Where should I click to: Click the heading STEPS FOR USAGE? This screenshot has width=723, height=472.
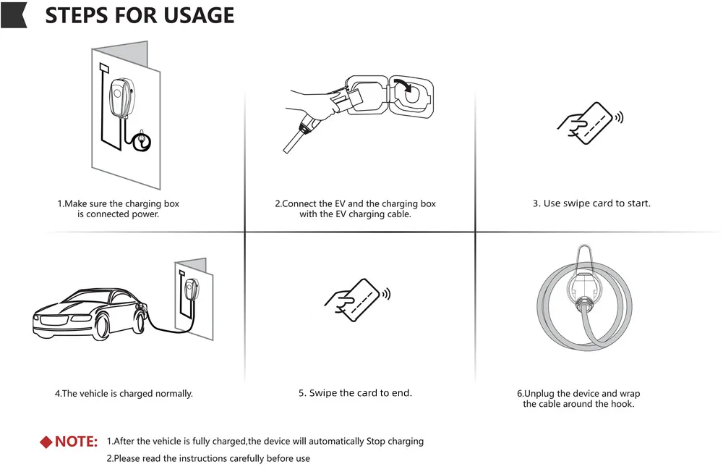pyautogui.click(x=140, y=15)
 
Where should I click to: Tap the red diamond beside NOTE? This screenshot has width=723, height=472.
pyautogui.click(x=46, y=442)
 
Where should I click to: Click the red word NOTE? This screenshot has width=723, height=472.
pyautogui.click(x=77, y=442)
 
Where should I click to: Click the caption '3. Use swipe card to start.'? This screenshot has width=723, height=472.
pyautogui.click(x=591, y=203)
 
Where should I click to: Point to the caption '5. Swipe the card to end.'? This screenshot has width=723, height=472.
pyautogui.click(x=355, y=393)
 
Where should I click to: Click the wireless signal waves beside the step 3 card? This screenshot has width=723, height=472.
pyautogui.click(x=619, y=117)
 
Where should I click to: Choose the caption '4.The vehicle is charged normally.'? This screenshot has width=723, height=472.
pyautogui.click(x=124, y=394)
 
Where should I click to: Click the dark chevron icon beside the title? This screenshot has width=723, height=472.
pyautogui.click(x=14, y=15)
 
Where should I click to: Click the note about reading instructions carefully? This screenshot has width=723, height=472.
pyautogui.click(x=208, y=458)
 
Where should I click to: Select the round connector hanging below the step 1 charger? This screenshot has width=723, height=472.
pyautogui.click(x=143, y=140)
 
